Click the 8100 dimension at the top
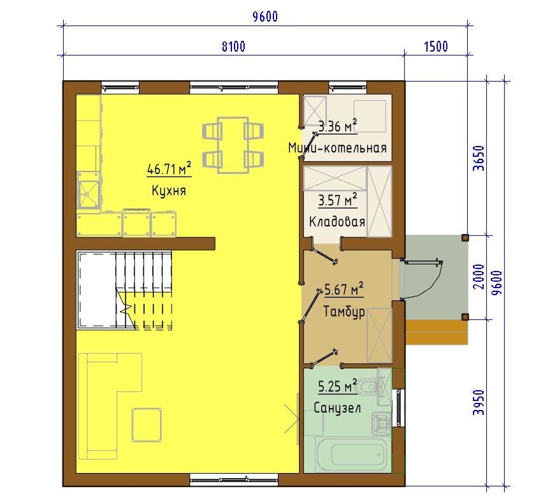[x=233, y=47]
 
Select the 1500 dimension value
[x=436, y=47]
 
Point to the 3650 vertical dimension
[x=479, y=158]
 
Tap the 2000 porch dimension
[x=479, y=277]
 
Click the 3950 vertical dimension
[x=479, y=402]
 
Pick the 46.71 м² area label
[x=169, y=169]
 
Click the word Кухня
[x=169, y=191]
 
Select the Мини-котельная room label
[x=337, y=148]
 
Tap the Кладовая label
[x=337, y=222]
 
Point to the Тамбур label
[x=344, y=312]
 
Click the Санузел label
[x=337, y=408]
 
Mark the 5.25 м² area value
[x=337, y=386]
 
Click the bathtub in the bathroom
[x=351, y=455]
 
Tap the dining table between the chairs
[x=233, y=145]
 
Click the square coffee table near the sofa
[x=147, y=425]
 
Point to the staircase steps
[x=143, y=290]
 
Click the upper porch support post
[x=465, y=238]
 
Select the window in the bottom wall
[x=234, y=479]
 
